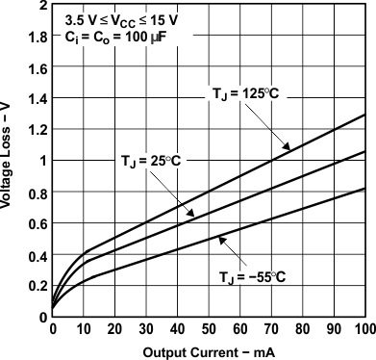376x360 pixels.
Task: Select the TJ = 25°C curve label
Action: [x=159, y=159]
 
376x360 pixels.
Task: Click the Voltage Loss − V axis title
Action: [x=10, y=159]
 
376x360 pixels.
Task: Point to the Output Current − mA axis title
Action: [x=208, y=352]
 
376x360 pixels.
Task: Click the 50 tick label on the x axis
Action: [x=209, y=330]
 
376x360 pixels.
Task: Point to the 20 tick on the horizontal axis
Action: [x=114, y=330]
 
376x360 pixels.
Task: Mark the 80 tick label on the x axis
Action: [x=303, y=330]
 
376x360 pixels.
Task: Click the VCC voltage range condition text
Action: [x=120, y=19]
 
